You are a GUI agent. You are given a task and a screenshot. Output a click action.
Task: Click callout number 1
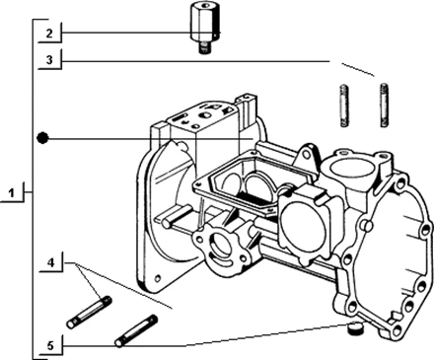coord(12,193)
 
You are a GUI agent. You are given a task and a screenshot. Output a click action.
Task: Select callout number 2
coord(49,34)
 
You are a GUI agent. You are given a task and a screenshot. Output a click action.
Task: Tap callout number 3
coord(49,60)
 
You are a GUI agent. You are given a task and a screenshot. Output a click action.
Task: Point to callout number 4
coord(50,262)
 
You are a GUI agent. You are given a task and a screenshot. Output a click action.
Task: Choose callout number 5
coord(50,346)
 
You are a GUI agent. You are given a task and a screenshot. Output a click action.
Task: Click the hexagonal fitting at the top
coord(204,28)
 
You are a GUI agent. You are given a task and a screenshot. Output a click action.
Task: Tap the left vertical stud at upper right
coord(343,106)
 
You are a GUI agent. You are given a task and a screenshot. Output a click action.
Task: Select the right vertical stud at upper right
coord(385,105)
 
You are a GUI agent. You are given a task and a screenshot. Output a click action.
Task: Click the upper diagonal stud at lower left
coord(90,312)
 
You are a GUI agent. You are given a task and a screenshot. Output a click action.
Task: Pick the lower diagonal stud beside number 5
coord(136,330)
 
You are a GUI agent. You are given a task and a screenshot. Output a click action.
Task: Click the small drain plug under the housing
coord(355,328)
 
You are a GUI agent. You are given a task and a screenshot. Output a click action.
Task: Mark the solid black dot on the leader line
coord(42,138)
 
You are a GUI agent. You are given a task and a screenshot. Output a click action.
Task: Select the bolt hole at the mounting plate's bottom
coord(159,278)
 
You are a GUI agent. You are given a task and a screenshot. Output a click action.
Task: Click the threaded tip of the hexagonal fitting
coord(204,49)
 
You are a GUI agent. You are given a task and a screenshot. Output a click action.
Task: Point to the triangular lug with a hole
coord(306,156)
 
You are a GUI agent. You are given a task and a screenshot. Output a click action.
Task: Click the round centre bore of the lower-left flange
coord(220,244)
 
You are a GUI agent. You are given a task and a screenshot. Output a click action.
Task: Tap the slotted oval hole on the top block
coord(180,117)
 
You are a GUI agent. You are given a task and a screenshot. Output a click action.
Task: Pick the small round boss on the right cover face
coord(368,225)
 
